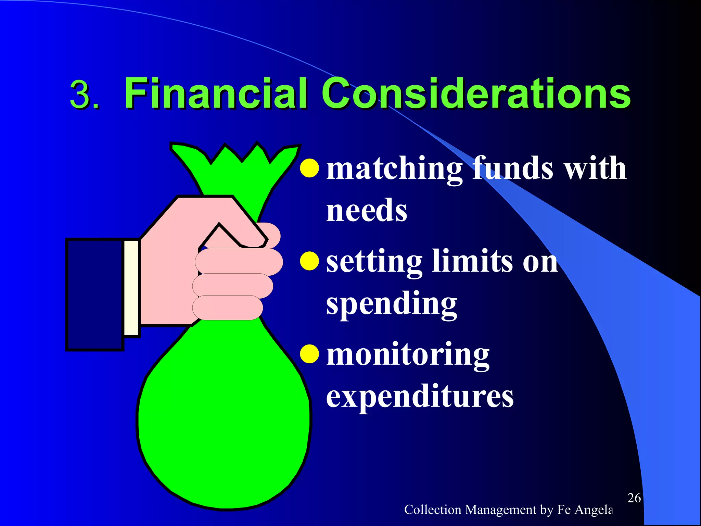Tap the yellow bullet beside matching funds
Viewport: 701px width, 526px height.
click(x=309, y=168)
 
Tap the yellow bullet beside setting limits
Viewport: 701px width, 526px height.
click(x=309, y=261)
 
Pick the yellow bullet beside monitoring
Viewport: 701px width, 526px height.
click(x=309, y=353)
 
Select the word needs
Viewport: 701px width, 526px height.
click(x=366, y=210)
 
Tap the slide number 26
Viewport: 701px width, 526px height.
click(x=634, y=498)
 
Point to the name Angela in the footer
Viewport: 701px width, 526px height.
click(x=594, y=510)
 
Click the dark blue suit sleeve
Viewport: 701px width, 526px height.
click(x=94, y=295)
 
